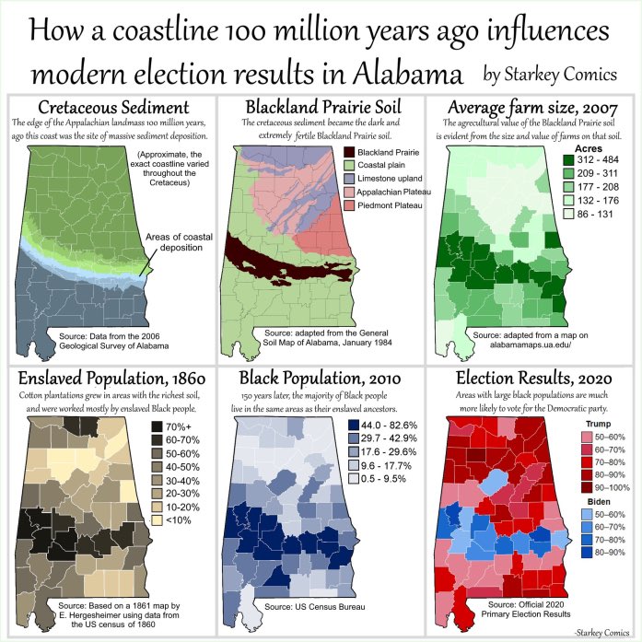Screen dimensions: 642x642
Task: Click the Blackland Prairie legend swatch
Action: click(349, 152)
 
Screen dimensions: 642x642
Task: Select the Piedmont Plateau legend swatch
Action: click(349, 205)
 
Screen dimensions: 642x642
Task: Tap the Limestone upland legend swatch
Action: click(349, 179)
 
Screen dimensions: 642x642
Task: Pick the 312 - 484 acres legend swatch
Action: click(568, 159)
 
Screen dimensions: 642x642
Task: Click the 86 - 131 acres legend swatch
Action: click(568, 214)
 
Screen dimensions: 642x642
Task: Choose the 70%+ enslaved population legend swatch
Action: click(157, 426)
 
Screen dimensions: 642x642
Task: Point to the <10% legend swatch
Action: click(157, 520)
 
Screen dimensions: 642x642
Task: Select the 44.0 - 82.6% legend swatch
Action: click(354, 425)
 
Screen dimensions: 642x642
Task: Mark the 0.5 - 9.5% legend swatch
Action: click(354, 478)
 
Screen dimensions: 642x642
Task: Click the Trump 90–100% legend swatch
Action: click(587, 487)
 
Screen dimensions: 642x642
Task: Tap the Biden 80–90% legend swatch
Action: click(587, 553)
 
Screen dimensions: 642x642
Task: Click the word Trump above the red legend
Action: click(598, 424)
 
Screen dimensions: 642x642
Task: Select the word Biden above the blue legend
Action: click(599, 502)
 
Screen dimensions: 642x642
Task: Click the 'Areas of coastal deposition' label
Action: click(180, 242)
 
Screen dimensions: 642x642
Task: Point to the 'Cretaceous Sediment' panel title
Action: click(113, 107)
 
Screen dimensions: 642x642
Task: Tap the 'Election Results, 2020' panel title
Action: click(534, 378)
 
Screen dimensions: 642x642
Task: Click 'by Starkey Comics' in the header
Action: click(550, 74)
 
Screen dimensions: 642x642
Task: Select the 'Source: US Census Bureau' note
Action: click(314, 606)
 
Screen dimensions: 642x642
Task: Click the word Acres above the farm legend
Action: click(589, 148)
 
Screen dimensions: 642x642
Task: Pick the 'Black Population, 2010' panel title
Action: click(321, 378)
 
